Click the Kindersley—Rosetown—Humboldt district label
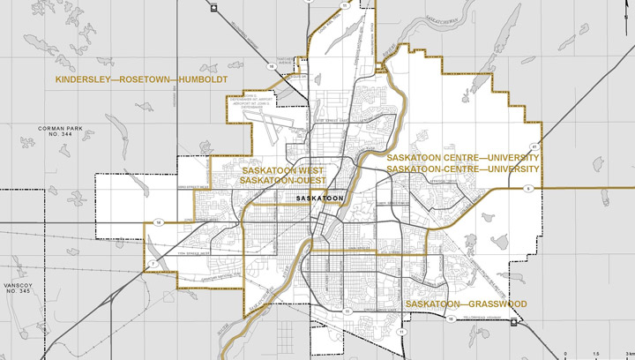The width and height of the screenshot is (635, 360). pos(141,79)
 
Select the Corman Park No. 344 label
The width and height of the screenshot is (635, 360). pos(59,133)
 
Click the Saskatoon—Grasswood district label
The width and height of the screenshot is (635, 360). pos(466,304)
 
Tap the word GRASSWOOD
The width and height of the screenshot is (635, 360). pos(496,304)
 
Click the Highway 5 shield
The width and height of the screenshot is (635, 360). pos(527,188)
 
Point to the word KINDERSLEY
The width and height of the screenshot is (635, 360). pos(80,79)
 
